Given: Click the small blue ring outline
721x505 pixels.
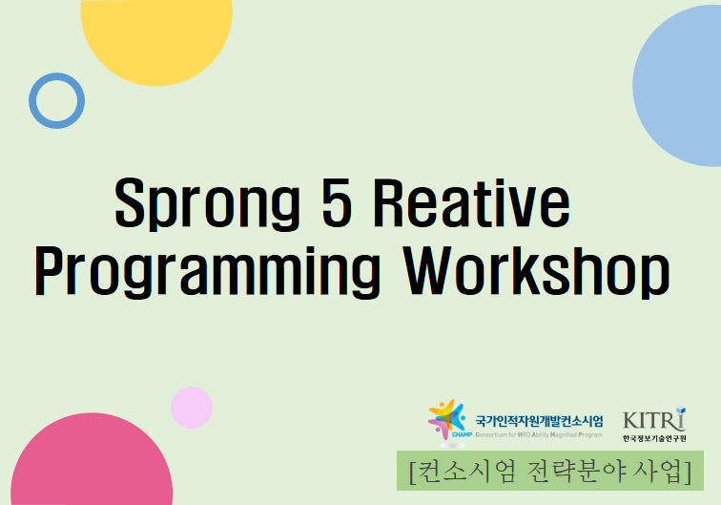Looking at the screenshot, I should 56,100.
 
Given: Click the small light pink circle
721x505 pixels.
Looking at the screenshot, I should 192,408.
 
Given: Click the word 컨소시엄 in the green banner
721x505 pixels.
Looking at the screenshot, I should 462,472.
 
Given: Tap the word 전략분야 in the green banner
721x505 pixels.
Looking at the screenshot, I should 570,472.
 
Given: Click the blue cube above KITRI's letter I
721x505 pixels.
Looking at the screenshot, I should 680,410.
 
